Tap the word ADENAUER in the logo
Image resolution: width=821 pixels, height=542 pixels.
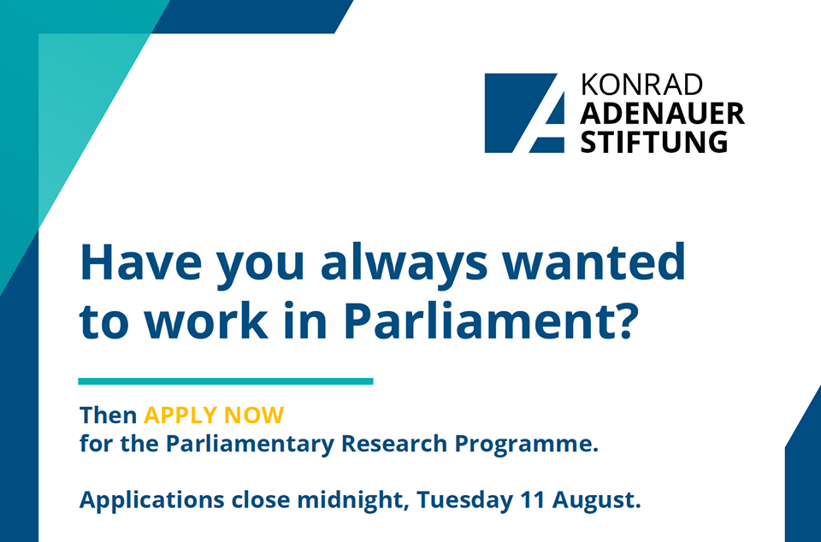tap(662, 114)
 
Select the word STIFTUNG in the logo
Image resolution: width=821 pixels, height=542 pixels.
tap(654, 142)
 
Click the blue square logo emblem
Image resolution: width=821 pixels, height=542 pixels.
tap(524, 113)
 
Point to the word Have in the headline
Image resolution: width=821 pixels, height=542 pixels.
tap(141, 262)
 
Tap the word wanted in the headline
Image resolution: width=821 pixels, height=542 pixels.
tap(594, 262)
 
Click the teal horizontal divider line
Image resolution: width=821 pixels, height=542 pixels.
tap(226, 381)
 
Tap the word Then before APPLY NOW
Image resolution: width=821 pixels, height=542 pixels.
tap(109, 415)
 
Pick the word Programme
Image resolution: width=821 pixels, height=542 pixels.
tap(523, 445)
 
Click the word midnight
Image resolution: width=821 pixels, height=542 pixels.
tap(353, 500)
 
